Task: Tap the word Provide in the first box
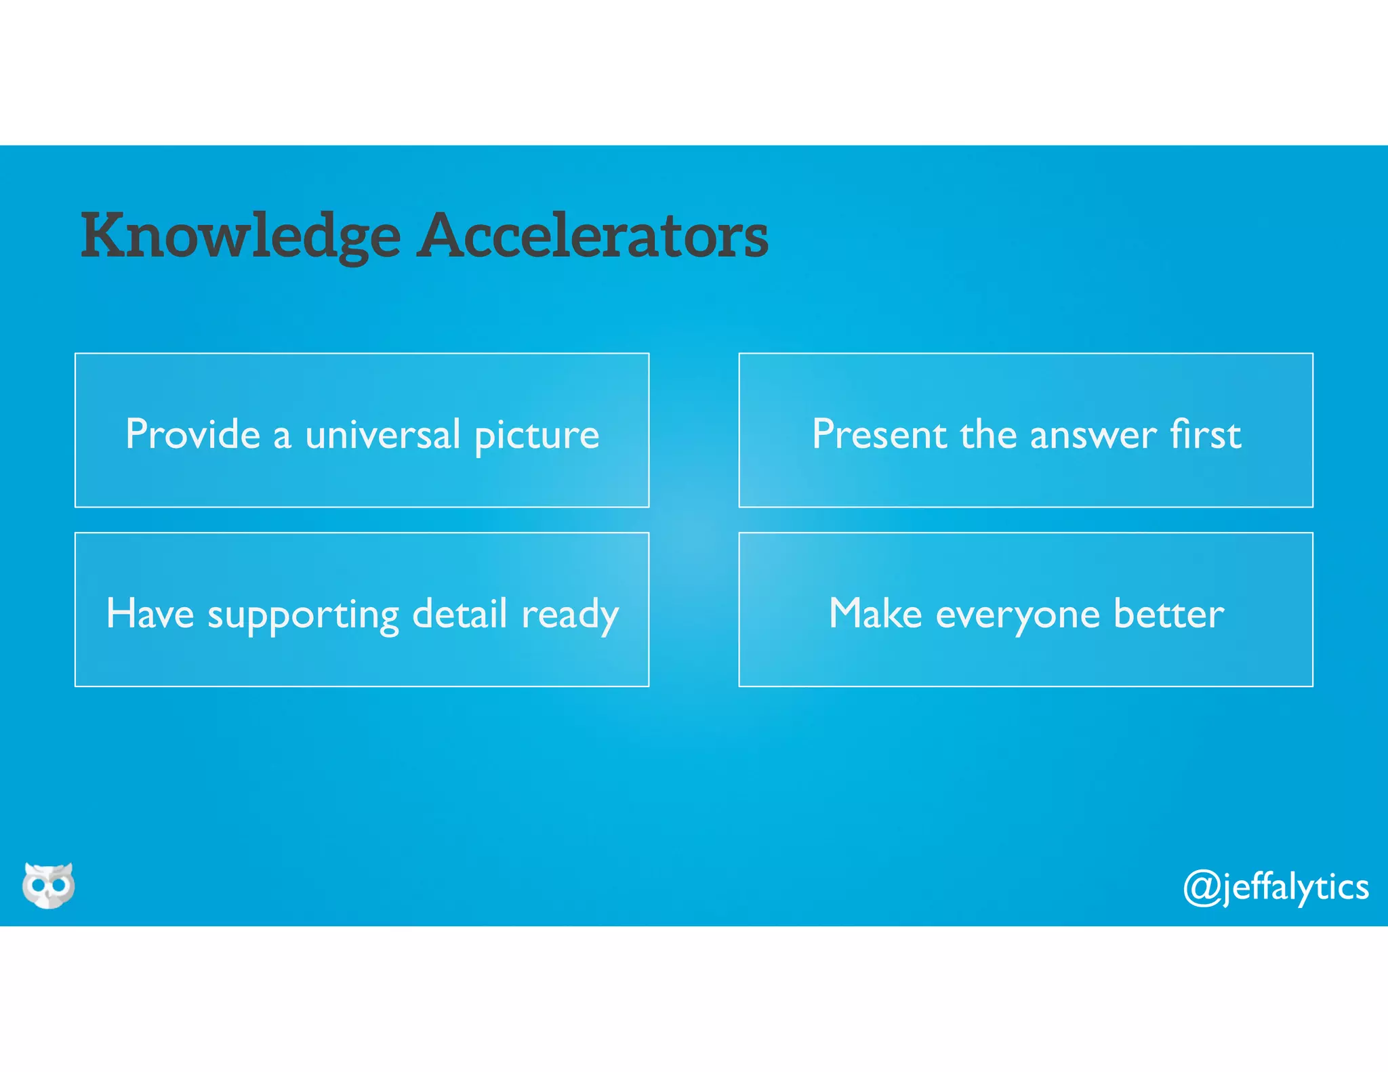click(192, 434)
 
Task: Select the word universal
click(383, 434)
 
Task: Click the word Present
click(879, 434)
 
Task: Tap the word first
click(1206, 434)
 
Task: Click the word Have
click(150, 614)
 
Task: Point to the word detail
click(460, 614)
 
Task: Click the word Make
click(875, 614)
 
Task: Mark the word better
click(1168, 614)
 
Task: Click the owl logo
click(48, 885)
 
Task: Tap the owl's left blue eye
click(37, 885)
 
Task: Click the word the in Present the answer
click(987, 434)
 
